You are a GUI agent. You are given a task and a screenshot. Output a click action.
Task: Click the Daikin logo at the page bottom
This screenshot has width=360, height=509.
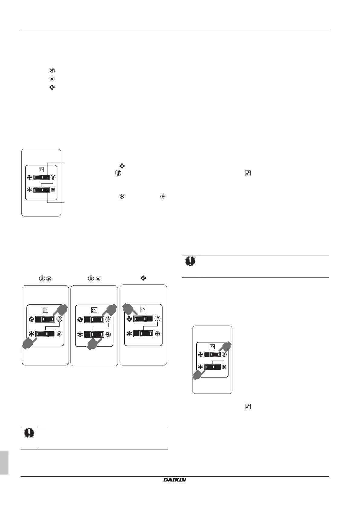click(175, 480)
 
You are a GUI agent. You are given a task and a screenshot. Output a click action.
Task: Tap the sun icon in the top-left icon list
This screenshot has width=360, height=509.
click(52, 79)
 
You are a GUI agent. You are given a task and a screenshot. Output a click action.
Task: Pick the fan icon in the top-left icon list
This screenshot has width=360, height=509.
click(52, 87)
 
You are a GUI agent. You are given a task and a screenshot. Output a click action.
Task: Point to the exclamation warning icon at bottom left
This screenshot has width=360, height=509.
click(29, 433)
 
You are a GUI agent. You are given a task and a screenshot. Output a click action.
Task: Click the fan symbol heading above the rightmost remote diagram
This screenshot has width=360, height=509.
click(143, 278)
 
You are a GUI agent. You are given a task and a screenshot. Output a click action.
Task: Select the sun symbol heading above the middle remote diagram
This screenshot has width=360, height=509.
click(98, 278)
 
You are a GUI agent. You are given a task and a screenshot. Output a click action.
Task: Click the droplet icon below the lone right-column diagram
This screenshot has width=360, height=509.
click(248, 407)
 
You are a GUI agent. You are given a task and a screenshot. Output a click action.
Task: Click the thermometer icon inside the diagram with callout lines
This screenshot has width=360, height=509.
click(54, 177)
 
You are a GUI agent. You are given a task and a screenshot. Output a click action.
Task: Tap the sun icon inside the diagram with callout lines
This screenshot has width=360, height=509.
click(54, 190)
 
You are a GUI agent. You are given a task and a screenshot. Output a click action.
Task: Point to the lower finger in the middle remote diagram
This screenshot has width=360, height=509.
click(94, 343)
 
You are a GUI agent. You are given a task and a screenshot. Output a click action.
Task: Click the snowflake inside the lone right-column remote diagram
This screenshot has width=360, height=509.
click(200, 367)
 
